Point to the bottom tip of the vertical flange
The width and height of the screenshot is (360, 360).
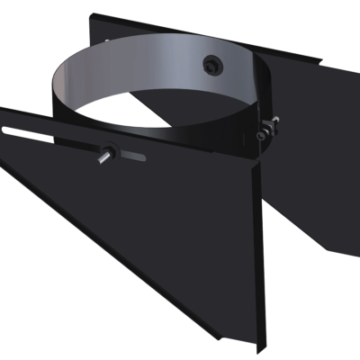point(260,347)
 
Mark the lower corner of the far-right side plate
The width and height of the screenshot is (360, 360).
point(326,254)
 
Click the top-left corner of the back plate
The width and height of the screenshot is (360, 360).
point(94,13)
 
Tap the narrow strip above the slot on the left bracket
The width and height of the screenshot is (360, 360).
point(54,122)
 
